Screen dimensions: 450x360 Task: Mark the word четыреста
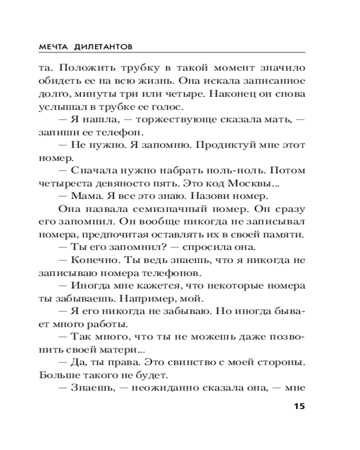click(60, 184)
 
